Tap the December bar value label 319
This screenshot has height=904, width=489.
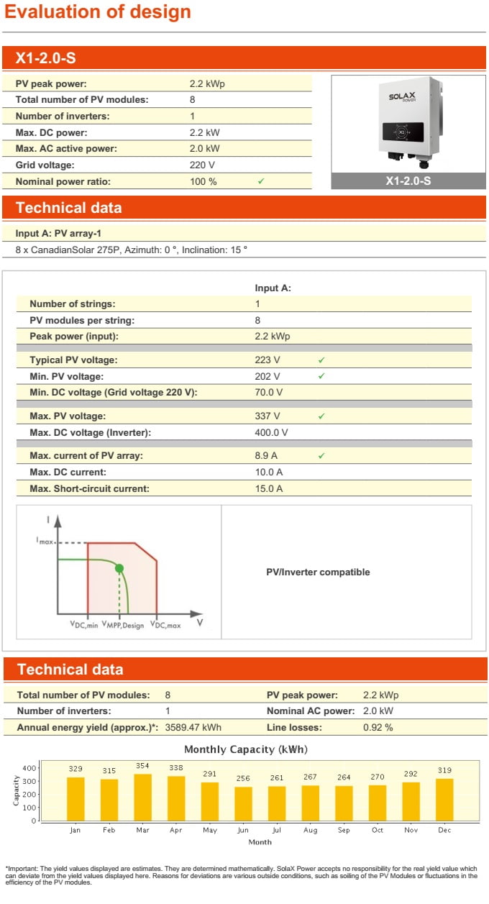(444, 770)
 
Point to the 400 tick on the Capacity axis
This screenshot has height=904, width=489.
(28, 768)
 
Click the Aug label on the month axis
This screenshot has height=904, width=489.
(310, 830)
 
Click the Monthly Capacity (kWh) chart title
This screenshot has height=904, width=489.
(245, 749)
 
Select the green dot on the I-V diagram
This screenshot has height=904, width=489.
(119, 568)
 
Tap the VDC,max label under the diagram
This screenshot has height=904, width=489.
(165, 626)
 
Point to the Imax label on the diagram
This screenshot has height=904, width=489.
(45, 541)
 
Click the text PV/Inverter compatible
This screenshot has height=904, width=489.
(318, 572)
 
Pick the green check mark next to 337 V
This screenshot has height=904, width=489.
(321, 416)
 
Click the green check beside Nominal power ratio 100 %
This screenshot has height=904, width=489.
(261, 182)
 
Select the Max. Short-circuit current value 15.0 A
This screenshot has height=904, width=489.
(269, 489)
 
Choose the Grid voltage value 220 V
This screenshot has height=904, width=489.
(202, 165)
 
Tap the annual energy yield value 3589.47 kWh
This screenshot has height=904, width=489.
(193, 727)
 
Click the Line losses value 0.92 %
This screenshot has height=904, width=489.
(378, 727)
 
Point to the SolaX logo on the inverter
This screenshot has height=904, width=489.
(403, 98)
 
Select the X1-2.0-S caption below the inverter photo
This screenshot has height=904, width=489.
(408, 181)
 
